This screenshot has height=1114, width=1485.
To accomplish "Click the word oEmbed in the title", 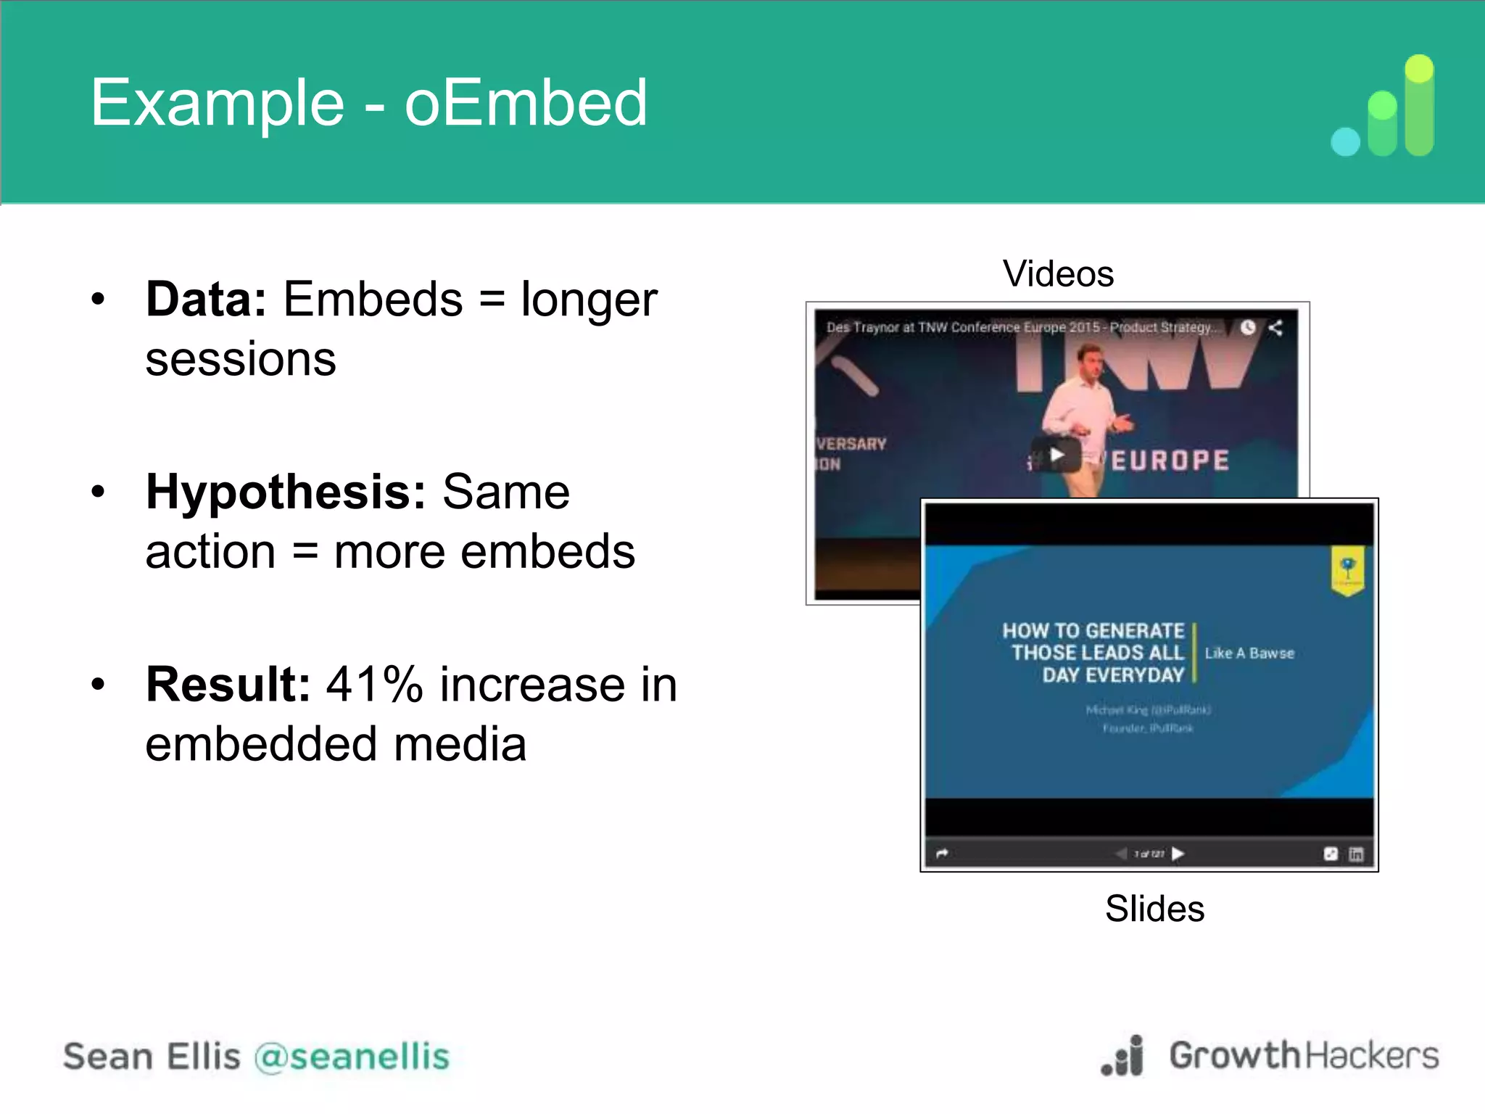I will coord(525,103).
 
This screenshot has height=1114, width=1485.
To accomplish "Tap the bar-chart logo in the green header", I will coord(1383,107).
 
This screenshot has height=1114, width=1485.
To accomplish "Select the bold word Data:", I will coord(206,299).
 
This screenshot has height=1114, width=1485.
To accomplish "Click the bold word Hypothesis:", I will coord(286,492).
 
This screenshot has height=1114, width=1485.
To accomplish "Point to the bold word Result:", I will coord(228,684).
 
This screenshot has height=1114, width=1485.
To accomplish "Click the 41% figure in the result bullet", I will coord(374,684).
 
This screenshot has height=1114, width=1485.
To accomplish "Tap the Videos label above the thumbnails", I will coord(1058,274).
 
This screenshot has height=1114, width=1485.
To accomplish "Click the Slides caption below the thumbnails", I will coord(1154,909).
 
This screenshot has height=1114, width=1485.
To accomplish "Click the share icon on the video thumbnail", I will coord(1275,328).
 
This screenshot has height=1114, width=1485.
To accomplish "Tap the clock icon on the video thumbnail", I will coord(1247,328).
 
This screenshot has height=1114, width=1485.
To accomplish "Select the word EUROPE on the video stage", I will coord(1170,461).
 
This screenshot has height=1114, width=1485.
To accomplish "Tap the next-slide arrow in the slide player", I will coord(1178,854).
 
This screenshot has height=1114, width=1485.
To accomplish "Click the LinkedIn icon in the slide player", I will coord(1356,854).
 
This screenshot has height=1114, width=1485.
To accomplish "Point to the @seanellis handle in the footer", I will coord(352,1056).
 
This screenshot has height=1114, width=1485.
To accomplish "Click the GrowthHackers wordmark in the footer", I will coord(1303,1055).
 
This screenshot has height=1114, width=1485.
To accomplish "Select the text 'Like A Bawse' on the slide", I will coord(1249,653).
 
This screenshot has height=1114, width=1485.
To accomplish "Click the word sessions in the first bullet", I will coord(241,359).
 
